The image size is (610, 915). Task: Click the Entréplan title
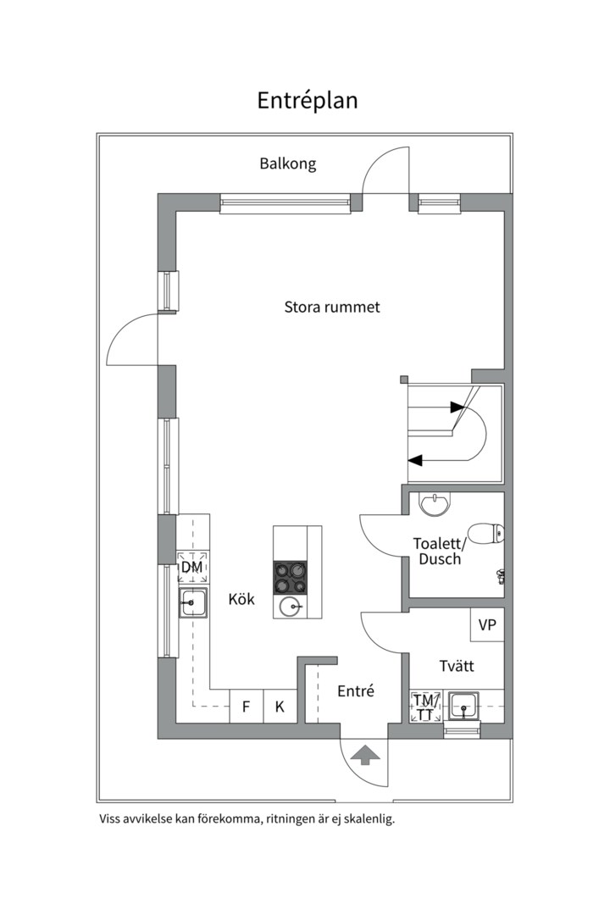coord(308,100)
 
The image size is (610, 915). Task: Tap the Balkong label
coord(287,164)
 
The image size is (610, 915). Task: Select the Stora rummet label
coord(331,307)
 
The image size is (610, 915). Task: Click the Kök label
coord(241,599)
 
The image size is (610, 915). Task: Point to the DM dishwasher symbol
coord(192,567)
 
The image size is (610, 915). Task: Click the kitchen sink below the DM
coord(192,604)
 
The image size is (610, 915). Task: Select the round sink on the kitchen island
coord(291,606)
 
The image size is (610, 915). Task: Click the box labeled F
coord(246,706)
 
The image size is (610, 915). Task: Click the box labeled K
coord(280,706)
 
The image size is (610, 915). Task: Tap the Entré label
coord(356,691)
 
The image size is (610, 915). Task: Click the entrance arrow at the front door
coord(365,755)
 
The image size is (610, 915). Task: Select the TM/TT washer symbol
coord(425,707)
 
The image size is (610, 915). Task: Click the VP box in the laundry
coord(487,625)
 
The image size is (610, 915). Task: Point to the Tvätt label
coord(457,666)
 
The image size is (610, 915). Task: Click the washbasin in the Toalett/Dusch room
coord(435,503)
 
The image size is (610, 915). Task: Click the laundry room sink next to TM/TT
coord(463,705)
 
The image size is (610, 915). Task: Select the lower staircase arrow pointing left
coord(415,460)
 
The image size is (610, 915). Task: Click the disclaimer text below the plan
coord(247,819)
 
